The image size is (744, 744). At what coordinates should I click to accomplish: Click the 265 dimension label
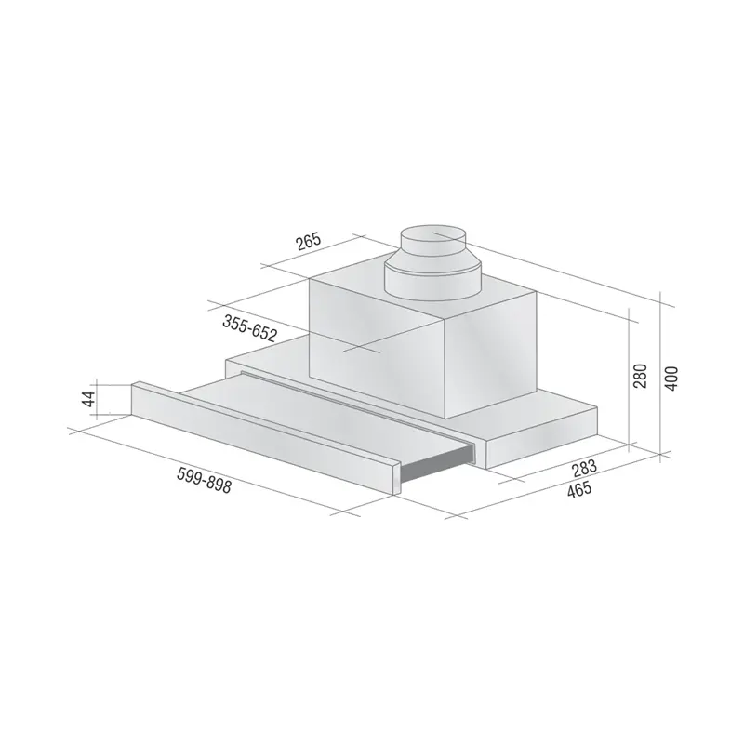309,242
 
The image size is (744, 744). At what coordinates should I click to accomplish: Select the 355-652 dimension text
249,328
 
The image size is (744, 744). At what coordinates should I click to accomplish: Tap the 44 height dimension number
88,399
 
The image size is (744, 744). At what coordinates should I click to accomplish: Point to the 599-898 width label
204,480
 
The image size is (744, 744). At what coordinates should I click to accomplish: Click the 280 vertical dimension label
640,376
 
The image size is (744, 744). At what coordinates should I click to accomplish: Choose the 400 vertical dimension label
671,379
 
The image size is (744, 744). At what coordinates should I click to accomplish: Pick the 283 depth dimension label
584,469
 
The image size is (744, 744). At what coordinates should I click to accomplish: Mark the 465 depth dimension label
579,489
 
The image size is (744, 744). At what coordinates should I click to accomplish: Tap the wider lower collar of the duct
432,283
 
